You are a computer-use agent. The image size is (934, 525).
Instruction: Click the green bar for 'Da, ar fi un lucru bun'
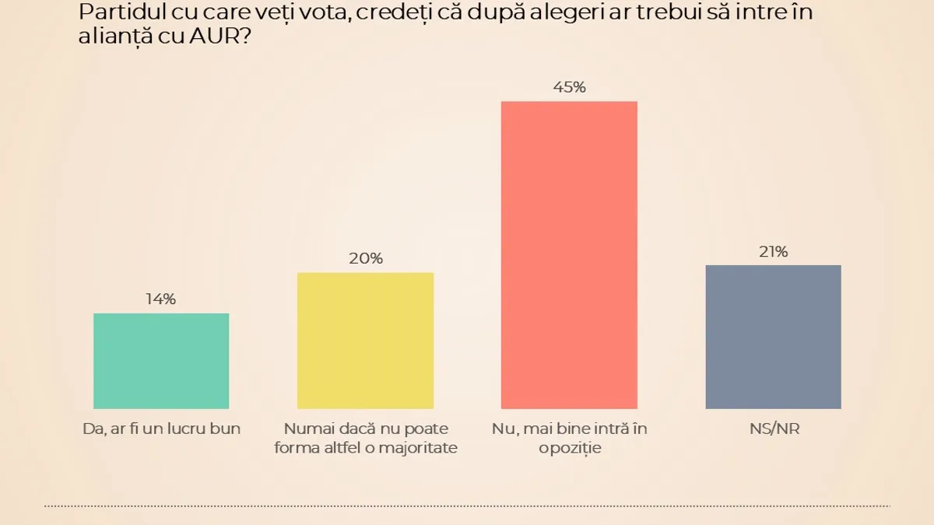161,361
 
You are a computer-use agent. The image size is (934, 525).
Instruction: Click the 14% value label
161,299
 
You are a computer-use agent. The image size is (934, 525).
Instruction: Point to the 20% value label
365,258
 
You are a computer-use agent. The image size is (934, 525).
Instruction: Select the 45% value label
569,87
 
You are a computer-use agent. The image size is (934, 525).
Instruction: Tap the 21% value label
773,251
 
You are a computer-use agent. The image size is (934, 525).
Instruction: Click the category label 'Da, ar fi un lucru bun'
161,429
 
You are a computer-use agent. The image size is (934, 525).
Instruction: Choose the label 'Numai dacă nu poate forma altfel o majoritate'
365,437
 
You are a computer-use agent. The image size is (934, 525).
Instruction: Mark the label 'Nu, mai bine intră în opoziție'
569,437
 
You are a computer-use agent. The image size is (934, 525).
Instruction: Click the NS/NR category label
773,429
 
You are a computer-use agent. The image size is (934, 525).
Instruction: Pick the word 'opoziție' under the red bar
569,447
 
